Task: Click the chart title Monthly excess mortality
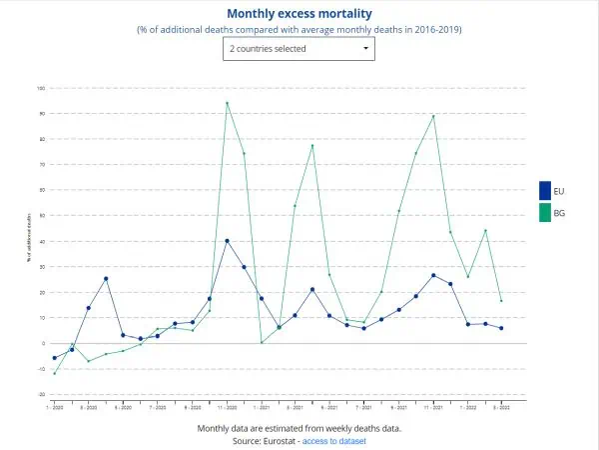point(299,13)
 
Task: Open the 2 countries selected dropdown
point(299,48)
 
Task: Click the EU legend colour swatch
point(545,190)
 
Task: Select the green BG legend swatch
point(545,213)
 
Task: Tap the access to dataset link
point(334,441)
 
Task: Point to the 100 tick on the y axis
point(41,88)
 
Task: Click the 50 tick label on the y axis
point(42,216)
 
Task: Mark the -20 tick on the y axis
point(41,394)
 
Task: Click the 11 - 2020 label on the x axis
point(227,408)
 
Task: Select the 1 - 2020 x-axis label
point(55,408)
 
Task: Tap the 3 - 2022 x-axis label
point(501,408)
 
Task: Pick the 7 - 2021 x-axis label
point(363,408)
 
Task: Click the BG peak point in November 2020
point(228,103)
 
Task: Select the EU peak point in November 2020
point(228,241)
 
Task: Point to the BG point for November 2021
point(433,116)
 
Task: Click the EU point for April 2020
point(106,279)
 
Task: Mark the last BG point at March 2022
point(501,301)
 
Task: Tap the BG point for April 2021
point(312,146)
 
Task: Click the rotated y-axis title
point(29,240)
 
